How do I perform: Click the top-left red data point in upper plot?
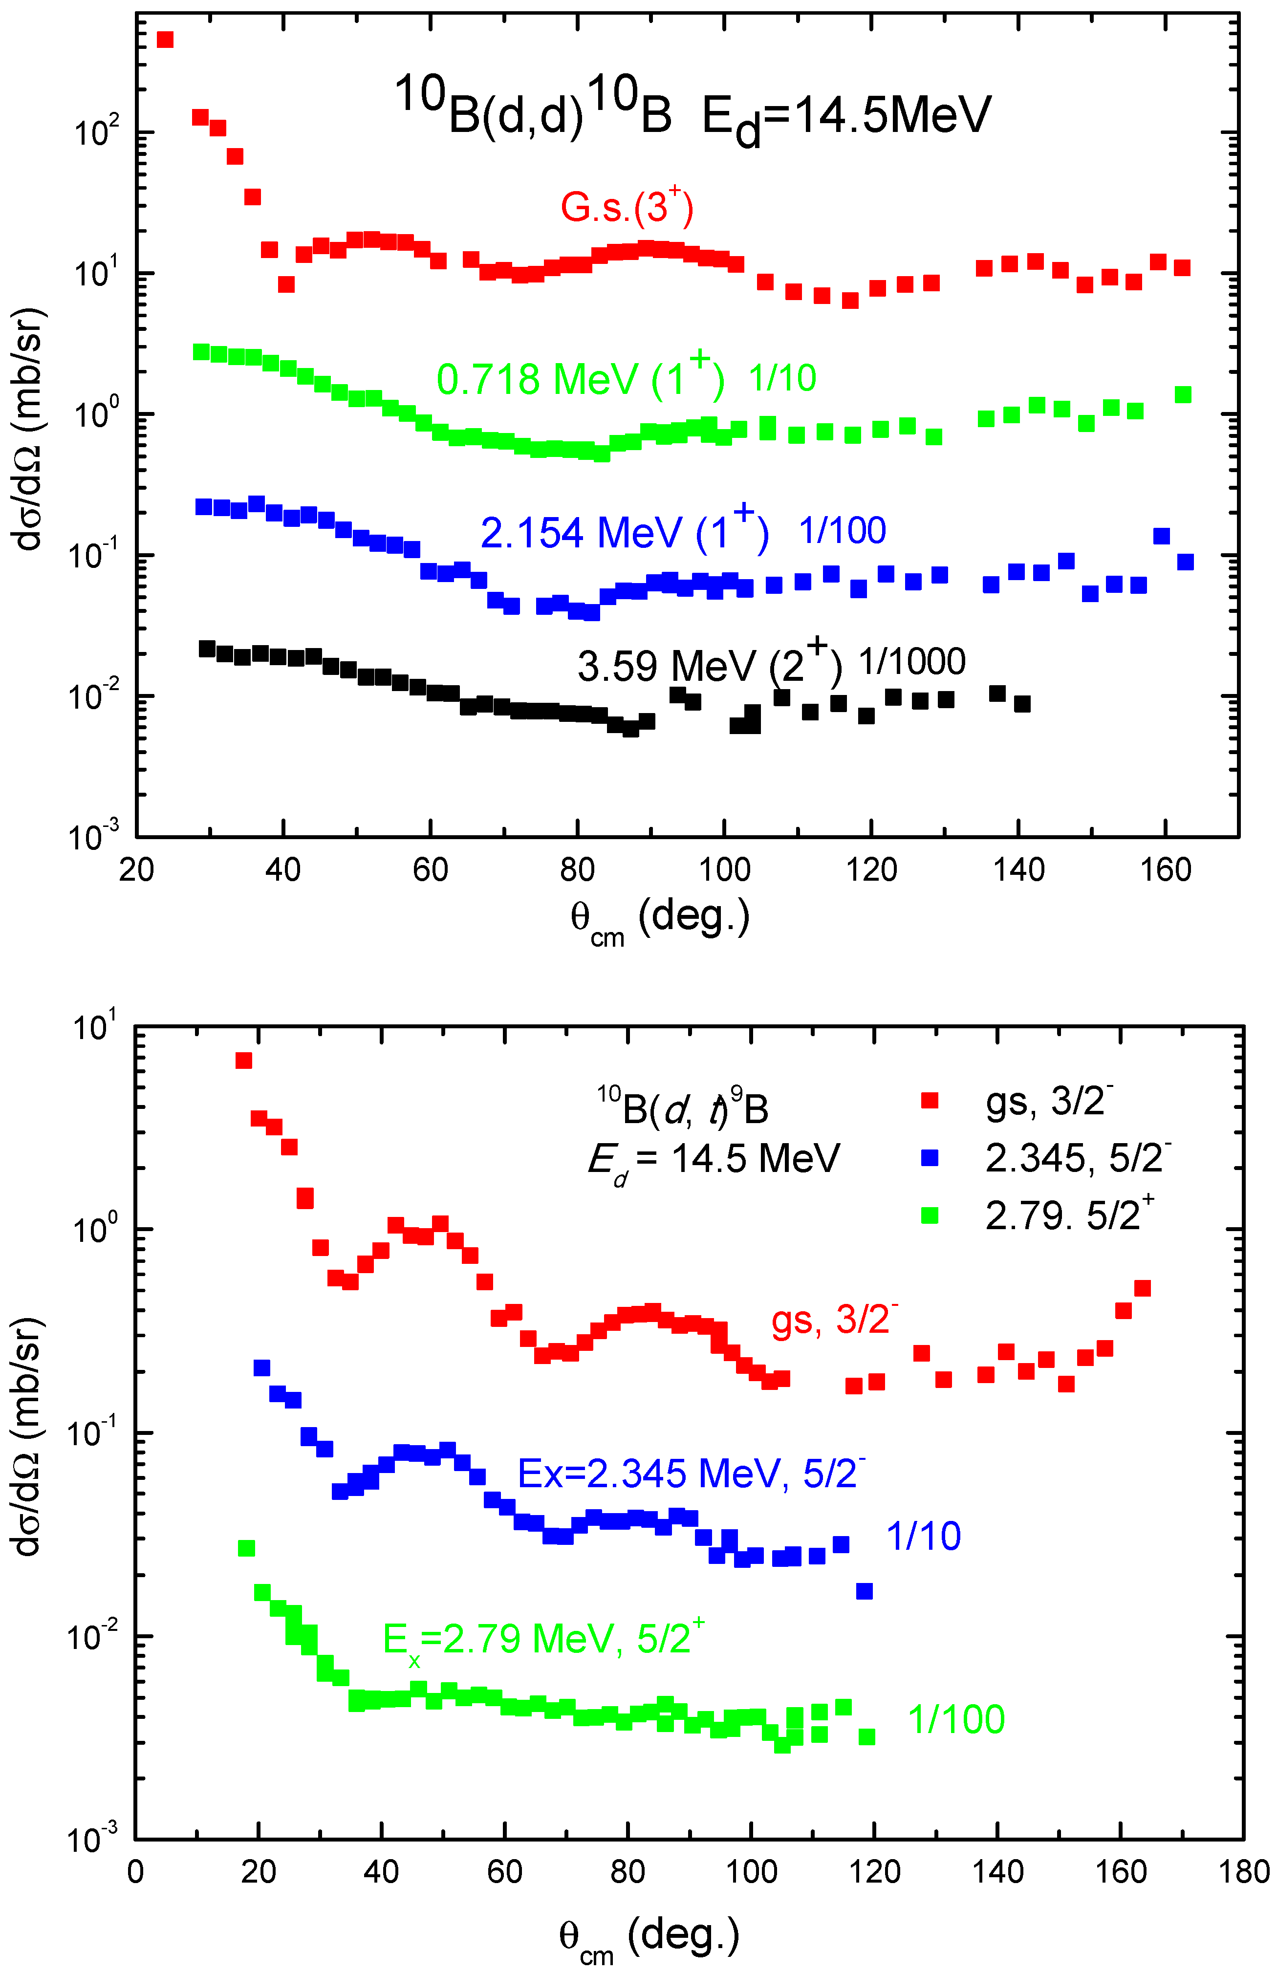point(165,40)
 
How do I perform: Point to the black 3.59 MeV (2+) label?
point(710,665)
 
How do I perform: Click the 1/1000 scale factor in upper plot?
point(911,662)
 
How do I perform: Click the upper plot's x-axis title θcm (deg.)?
point(660,920)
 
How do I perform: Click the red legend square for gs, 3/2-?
point(930,1101)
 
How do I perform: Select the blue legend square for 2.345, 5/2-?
point(930,1158)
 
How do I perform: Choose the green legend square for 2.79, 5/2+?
point(930,1215)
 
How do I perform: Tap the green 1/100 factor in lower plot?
point(956,1720)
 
